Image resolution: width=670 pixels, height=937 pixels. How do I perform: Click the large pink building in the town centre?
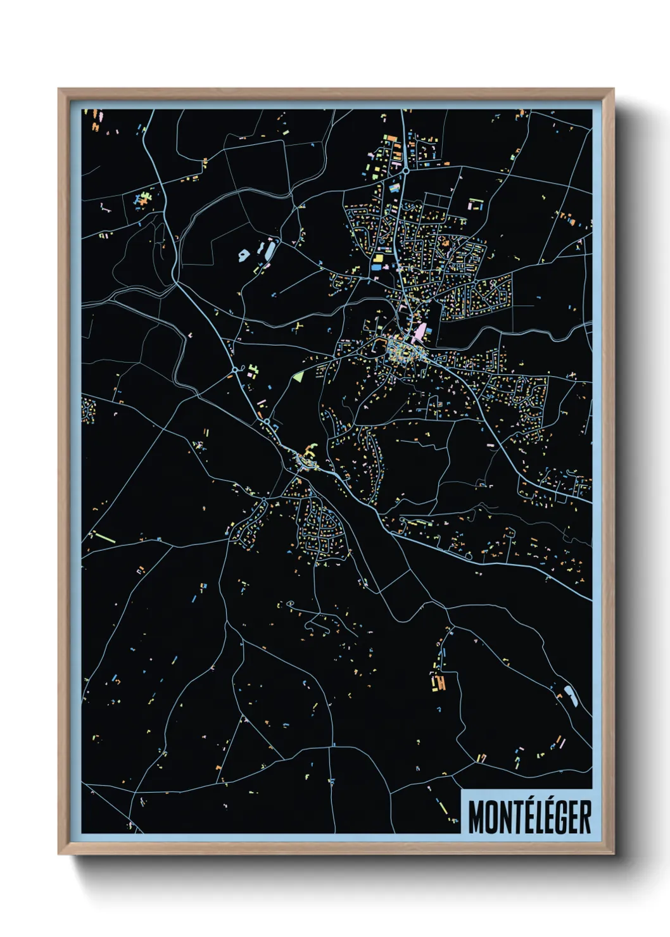click(x=419, y=332)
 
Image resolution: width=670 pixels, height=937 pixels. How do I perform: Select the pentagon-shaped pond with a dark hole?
click(x=243, y=256)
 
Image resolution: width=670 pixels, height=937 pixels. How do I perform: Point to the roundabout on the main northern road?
click(x=405, y=170)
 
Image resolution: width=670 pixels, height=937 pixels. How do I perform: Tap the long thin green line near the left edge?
click(x=106, y=538)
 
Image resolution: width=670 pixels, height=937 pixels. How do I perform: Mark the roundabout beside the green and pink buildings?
click(x=235, y=370)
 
